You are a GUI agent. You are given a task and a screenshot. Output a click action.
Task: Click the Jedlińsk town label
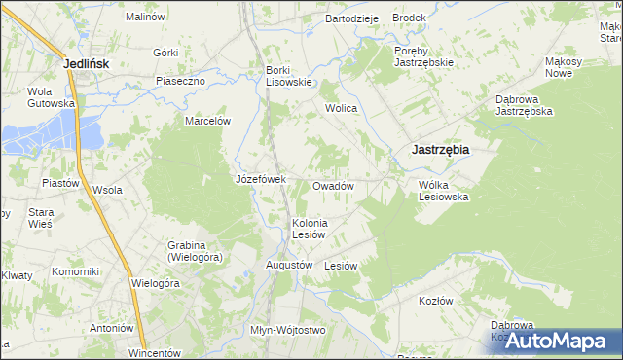[x=85, y=63]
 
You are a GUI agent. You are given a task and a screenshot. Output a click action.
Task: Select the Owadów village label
[x=332, y=185]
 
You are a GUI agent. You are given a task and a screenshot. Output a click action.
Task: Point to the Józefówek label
[x=260, y=179]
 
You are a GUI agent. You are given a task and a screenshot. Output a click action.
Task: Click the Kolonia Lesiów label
[x=311, y=229]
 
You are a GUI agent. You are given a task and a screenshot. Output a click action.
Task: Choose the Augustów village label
[x=289, y=264]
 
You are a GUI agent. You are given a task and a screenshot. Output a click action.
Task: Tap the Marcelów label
[x=207, y=121]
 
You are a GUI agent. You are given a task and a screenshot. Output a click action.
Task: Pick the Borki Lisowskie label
[x=288, y=76]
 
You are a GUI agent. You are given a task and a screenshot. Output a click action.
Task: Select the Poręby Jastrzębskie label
[x=424, y=56]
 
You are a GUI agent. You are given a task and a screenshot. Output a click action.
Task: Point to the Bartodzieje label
[x=350, y=18]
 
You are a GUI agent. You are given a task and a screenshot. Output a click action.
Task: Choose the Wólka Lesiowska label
[x=444, y=190]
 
